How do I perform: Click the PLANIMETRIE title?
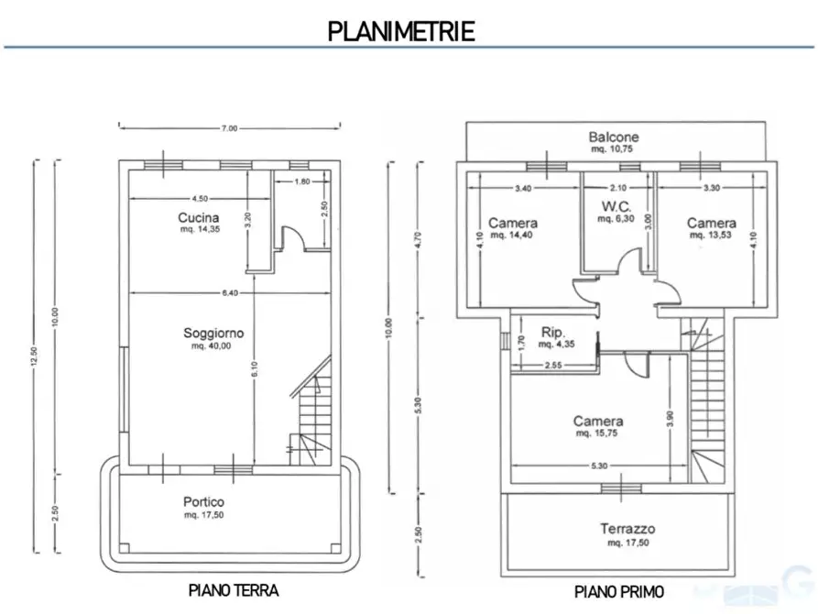(401, 31)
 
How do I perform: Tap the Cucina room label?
(198, 218)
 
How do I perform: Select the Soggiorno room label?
(213, 333)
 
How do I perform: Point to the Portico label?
(203, 502)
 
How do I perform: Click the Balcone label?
(614, 137)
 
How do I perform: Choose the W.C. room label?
(616, 206)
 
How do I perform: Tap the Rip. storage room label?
(553, 332)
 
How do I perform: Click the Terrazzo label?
(627, 529)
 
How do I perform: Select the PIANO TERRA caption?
(234, 590)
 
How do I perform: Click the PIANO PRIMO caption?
(618, 592)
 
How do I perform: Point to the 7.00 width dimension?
(230, 128)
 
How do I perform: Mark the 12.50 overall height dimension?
(35, 356)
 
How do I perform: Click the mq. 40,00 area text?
(212, 346)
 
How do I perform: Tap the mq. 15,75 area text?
(597, 433)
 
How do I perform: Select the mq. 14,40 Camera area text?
(511, 235)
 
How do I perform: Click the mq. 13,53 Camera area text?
(711, 235)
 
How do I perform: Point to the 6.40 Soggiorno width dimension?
(230, 293)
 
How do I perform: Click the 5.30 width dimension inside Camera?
(599, 466)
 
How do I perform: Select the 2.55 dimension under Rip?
(553, 366)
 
